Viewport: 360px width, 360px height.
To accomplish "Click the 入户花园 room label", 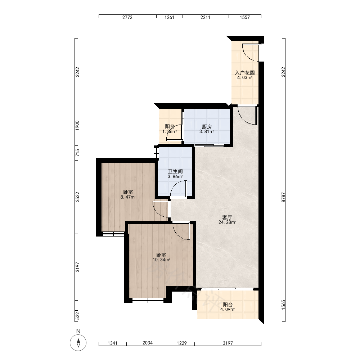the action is click(245, 73).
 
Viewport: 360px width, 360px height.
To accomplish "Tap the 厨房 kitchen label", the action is click(207, 127).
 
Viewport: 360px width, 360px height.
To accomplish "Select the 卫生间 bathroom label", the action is click(175, 171).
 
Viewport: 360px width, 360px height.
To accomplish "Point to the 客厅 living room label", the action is click(227, 217).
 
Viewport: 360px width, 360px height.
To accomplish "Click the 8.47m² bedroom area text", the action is click(128, 197).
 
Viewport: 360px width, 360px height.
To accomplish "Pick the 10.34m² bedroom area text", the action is click(161, 260).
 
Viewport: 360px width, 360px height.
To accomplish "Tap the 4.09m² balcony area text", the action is click(228, 310).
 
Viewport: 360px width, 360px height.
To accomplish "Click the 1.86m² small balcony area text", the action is click(170, 132).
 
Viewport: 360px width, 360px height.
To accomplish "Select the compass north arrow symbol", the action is click(78, 343).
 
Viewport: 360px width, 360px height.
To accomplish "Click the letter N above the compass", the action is click(78, 331).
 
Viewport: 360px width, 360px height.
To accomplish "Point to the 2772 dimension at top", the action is click(127, 17).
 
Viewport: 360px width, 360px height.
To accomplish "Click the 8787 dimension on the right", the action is click(284, 197).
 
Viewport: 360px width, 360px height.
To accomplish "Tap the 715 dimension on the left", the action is click(78, 153).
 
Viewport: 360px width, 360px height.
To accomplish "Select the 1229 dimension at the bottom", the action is click(182, 343).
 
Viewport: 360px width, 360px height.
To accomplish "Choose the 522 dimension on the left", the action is click(78, 316).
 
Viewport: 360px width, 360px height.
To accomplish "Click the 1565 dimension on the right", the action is click(284, 305).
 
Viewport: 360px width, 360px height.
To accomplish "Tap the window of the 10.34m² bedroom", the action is click(148, 300).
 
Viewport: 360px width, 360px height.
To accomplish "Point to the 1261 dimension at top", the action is click(170, 17).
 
